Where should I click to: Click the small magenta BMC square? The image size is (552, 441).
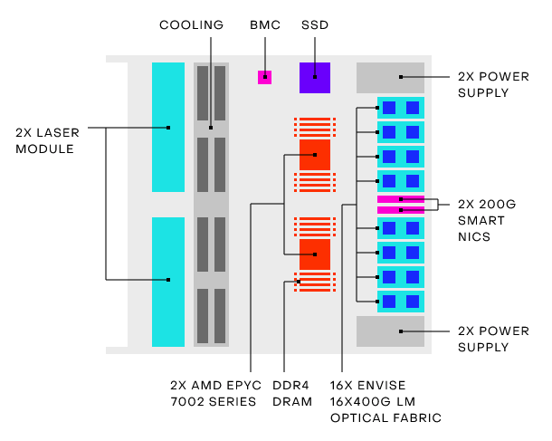264,77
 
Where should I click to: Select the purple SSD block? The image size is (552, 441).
315,77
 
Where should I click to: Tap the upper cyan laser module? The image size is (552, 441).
168,127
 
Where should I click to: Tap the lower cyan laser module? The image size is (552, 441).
168,282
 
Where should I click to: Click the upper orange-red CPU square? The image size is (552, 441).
314,155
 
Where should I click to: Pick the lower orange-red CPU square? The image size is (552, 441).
314,254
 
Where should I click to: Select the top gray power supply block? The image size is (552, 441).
390,78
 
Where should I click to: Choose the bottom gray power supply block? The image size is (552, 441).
390,331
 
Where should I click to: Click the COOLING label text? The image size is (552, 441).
191,25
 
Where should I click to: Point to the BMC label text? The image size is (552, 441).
263,25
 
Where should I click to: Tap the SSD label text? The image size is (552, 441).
315,25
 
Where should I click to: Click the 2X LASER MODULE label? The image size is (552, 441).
47,140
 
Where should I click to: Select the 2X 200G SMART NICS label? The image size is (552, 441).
487,220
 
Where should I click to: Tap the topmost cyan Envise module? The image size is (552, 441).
400,108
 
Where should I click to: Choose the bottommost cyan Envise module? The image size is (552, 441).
400,301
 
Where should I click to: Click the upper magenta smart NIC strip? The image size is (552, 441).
400,198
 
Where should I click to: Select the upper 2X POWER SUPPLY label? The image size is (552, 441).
494,84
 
